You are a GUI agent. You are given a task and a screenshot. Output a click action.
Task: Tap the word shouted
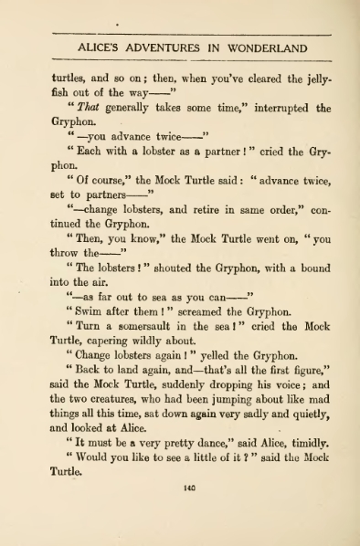coord(173,282)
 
